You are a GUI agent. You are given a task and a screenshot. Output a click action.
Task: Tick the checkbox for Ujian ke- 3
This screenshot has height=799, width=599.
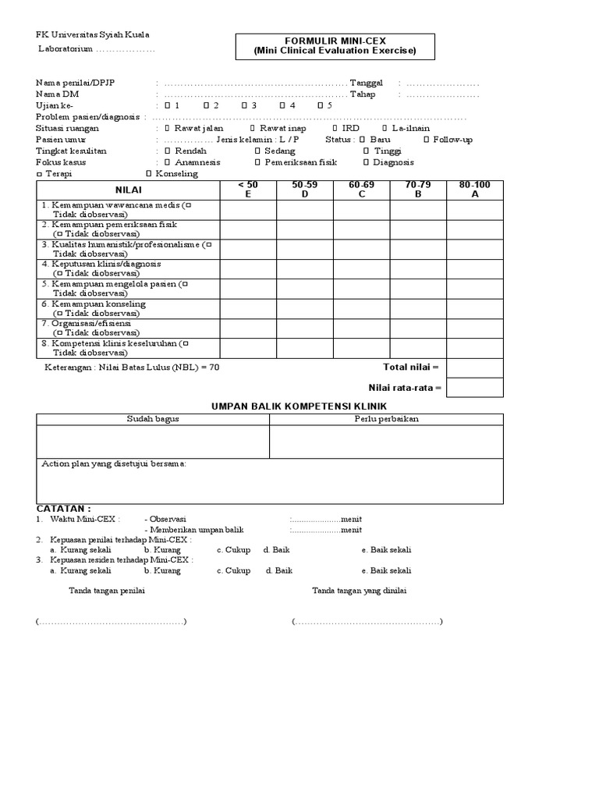tap(244, 105)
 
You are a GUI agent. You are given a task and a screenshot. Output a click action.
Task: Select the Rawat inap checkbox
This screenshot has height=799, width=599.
tap(252, 128)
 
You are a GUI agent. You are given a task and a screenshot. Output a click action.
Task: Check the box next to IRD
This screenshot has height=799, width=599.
tap(335, 128)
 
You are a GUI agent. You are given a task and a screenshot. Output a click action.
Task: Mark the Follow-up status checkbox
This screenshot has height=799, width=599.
tap(426, 140)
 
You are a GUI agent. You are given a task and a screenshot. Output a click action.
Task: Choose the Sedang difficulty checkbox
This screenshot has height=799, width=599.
tap(257, 151)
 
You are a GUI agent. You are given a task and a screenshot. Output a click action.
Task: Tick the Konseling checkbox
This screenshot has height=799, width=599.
tap(149, 174)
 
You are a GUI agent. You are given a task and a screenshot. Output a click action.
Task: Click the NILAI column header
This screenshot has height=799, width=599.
tap(128, 190)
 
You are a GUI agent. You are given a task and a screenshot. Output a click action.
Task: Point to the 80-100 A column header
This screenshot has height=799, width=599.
tap(475, 190)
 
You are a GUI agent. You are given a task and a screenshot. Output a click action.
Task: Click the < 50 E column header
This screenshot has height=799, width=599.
tap(248, 190)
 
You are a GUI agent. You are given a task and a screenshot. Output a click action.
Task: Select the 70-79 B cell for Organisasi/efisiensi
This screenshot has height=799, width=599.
tap(418, 328)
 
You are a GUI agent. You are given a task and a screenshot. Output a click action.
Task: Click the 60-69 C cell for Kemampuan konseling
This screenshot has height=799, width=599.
tap(362, 309)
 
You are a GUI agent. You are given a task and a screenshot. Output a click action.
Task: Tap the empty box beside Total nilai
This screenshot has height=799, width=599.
tap(475, 368)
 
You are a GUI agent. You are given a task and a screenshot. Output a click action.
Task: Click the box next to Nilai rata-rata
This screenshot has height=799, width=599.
tap(475, 387)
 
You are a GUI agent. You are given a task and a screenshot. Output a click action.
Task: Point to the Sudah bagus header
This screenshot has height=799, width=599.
tap(153, 420)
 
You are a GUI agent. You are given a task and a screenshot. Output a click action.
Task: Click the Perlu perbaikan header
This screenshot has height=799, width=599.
tap(387, 420)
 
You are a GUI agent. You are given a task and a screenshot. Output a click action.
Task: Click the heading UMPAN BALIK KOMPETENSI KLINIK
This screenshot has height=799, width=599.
tap(299, 407)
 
